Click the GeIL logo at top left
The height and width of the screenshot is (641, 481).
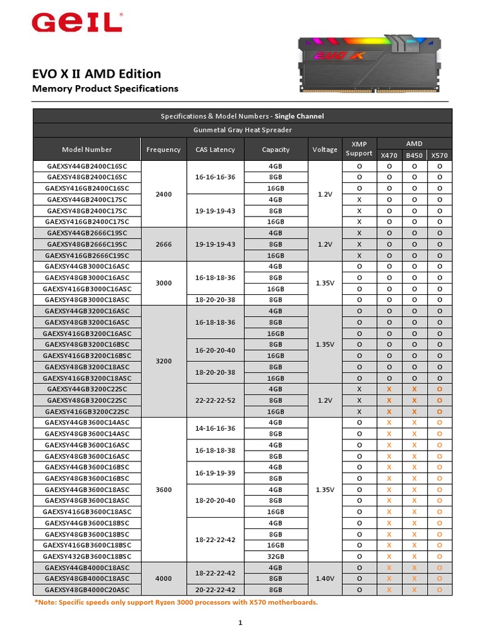point(77,23)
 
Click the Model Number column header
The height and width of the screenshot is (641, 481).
point(87,150)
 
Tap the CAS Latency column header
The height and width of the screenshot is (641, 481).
point(215,150)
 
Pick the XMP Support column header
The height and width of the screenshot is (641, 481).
point(359,149)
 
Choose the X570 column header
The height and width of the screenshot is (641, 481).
point(440,155)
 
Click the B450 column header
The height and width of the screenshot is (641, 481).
point(414,155)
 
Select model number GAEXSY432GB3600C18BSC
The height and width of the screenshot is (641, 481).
point(87,556)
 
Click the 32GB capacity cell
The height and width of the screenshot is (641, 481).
point(276,556)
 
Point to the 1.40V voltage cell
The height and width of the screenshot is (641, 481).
point(324,579)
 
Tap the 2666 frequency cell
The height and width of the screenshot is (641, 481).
point(163,244)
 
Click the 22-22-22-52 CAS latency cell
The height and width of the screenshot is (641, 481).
point(215,400)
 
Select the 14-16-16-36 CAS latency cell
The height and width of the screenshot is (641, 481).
point(215,428)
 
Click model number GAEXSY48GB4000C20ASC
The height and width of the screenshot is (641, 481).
point(87,590)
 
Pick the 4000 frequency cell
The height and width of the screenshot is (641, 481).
point(163,579)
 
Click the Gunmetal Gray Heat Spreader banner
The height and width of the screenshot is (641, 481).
point(242,130)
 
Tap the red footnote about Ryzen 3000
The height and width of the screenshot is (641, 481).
point(176,602)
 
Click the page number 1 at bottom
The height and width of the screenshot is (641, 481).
point(240,623)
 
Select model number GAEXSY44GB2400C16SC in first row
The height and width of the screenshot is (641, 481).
point(87,167)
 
